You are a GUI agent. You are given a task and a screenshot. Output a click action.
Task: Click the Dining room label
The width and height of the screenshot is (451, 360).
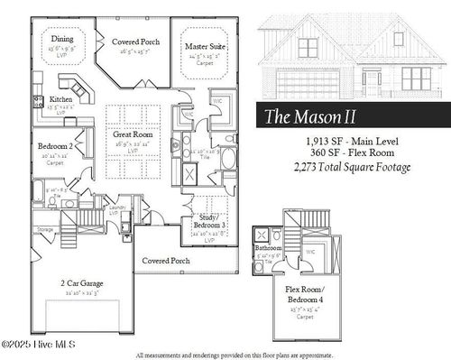(62, 39)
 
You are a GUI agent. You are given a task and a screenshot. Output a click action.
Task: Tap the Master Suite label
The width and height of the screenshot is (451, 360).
(206, 45)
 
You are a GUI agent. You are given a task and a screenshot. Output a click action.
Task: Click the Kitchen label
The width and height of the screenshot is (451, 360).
(61, 99)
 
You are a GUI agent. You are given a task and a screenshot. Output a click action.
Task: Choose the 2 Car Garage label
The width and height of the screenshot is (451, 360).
(82, 283)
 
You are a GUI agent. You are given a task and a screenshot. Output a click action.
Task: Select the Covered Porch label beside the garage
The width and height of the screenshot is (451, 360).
(166, 261)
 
